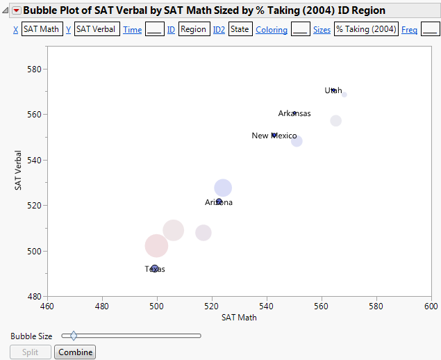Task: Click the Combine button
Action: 75,352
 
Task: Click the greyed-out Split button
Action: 31,352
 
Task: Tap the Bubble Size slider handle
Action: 74,336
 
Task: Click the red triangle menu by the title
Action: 17,10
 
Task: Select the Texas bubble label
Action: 155,269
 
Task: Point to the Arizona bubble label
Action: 219,202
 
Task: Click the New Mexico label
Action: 274,136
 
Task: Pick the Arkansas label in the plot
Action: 294,113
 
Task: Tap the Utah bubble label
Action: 333,90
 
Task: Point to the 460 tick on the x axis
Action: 47,306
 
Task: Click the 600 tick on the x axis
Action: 431,306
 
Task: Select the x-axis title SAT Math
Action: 239,318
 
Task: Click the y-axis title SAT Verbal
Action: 19,171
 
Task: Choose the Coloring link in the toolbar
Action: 272,30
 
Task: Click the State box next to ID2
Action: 240,30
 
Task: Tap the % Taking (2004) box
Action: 366,30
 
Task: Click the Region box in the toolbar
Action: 194,30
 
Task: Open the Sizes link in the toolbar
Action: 322,30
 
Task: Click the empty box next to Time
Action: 155,30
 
